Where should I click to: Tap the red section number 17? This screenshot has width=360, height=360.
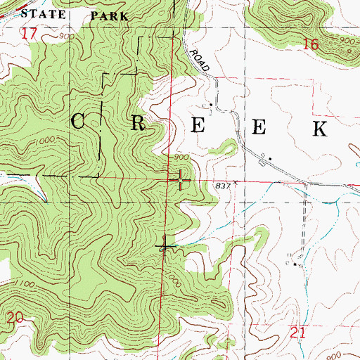tap(29, 34)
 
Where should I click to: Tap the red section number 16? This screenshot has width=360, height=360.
tap(311, 45)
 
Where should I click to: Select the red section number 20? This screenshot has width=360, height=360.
tap(14, 319)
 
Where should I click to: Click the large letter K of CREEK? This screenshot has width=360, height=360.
tap(320, 127)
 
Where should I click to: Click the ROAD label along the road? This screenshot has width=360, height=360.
tap(200, 60)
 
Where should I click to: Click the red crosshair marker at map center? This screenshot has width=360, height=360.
tap(180, 181)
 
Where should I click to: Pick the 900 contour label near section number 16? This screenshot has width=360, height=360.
tap(346, 42)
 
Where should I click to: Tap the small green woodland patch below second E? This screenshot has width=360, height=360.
tap(227, 147)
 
